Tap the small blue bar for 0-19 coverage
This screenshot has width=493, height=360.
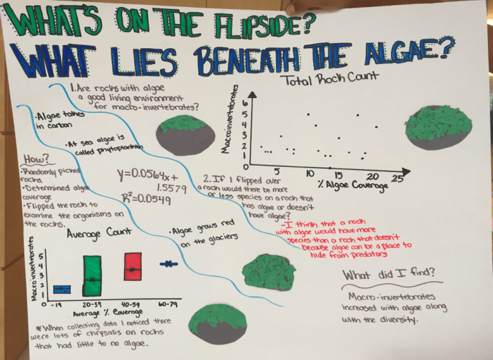[61, 288]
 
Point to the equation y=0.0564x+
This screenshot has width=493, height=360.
[146, 174]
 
